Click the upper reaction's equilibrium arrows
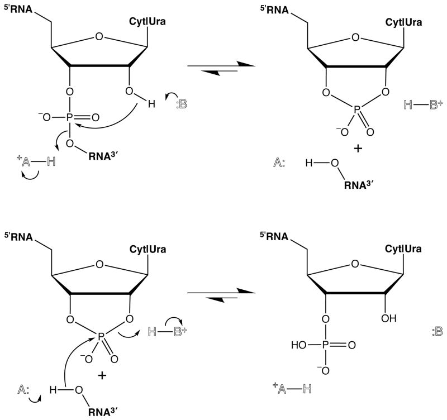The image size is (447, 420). (221, 66)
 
